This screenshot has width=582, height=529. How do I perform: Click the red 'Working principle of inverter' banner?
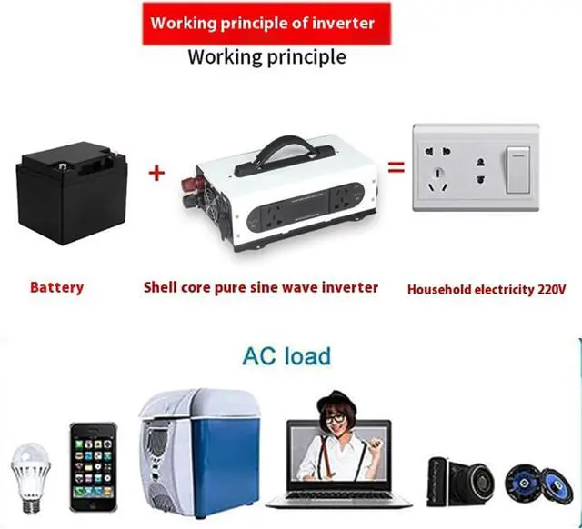(263, 24)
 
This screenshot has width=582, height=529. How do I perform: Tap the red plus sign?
(156, 172)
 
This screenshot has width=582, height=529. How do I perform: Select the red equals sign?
(396, 167)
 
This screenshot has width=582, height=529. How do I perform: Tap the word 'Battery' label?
(56, 287)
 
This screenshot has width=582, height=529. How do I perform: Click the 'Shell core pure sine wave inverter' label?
(261, 287)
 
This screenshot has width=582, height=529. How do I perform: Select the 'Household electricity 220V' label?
(487, 289)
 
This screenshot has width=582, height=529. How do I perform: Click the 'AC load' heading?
(286, 355)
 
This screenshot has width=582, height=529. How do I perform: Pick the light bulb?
(29, 473)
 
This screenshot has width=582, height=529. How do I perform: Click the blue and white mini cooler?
(197, 451)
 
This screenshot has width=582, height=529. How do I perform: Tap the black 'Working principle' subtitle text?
(266, 56)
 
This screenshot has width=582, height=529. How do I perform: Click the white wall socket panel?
(477, 167)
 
